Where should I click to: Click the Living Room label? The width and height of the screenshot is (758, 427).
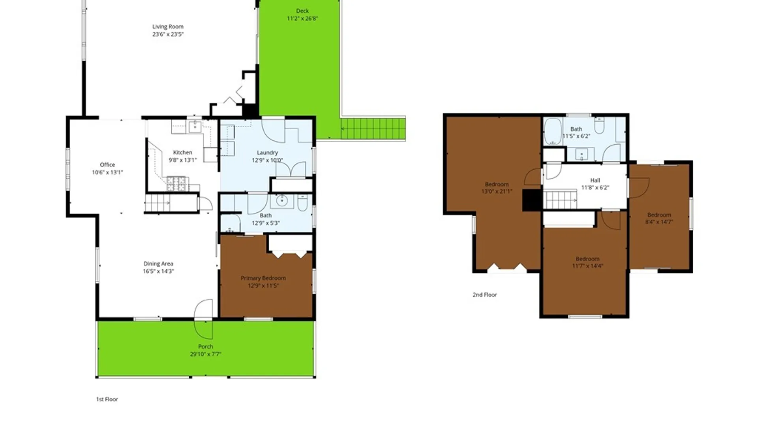click(168, 27)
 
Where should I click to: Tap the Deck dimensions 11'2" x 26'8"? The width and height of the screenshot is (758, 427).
click(302, 19)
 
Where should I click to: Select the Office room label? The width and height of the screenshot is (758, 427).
click(107, 165)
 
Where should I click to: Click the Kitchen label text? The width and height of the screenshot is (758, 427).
click(183, 153)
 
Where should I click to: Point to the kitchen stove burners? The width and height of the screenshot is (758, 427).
click(176, 184)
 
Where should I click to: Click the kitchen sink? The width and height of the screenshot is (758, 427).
click(195, 127)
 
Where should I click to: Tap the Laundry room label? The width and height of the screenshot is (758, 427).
click(267, 153)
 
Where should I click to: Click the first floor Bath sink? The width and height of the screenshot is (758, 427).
click(282, 201)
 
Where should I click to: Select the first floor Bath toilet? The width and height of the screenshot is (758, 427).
click(302, 202)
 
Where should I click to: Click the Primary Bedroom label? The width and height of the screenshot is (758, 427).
click(263, 278)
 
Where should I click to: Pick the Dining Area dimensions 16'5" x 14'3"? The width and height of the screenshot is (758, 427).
click(158, 271)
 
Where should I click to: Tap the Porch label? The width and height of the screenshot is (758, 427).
click(206, 347)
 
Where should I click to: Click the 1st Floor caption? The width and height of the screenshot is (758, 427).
click(107, 399)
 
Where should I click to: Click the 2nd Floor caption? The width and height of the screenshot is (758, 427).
click(485, 295)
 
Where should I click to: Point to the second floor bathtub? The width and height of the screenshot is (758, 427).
click(553, 131)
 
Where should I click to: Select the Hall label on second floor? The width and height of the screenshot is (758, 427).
click(595, 180)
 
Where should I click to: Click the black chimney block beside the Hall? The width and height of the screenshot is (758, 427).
click(532, 200)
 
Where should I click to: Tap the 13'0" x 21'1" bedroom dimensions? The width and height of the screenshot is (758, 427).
click(497, 191)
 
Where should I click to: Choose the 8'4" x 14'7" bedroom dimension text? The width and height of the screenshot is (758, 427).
click(659, 222)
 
